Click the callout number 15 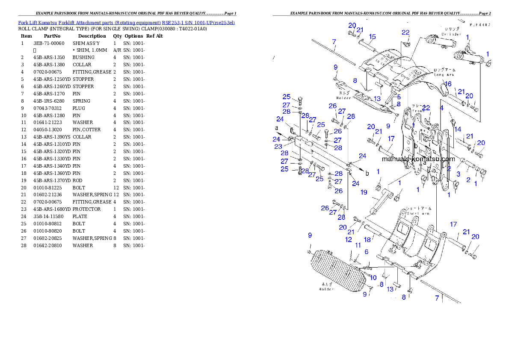coord(372,36)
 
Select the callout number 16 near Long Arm coord(448,84)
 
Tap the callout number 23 coord(278,147)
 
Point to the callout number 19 coord(364,192)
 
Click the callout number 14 coord(458,129)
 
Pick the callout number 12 coord(349,239)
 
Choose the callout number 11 coord(358,245)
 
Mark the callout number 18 coord(367,240)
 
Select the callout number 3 coord(458,174)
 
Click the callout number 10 coord(373,277)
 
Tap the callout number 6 coord(367,252)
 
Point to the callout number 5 coord(399,97)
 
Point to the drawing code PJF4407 coord(479,25)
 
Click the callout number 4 coord(442,108)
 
